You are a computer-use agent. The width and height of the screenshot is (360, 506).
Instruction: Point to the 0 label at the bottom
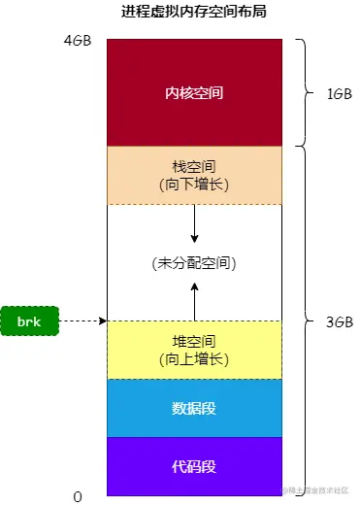(78, 496)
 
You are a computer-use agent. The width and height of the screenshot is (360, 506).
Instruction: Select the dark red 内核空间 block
(194, 93)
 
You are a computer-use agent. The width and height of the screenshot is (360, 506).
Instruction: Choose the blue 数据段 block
(194, 408)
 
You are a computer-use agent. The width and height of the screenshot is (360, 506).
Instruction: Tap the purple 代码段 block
(194, 465)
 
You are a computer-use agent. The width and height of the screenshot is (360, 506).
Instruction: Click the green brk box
(31, 320)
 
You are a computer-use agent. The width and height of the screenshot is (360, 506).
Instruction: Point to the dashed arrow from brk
(82, 320)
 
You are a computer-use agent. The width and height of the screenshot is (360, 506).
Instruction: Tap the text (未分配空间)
(194, 263)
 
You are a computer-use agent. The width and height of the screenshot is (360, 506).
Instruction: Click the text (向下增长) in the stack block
(194, 183)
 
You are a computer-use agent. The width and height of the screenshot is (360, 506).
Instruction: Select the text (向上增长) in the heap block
(194, 358)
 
